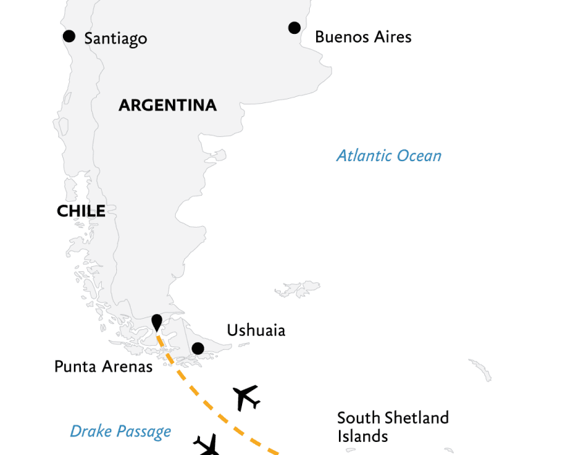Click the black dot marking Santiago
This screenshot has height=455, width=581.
pyautogui.click(x=68, y=36)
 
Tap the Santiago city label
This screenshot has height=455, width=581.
pyautogui.click(x=116, y=38)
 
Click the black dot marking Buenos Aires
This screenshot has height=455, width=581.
pyautogui.click(x=294, y=28)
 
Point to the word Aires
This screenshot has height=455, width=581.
pyautogui.click(x=393, y=37)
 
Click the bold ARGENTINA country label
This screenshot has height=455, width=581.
pyautogui.click(x=167, y=105)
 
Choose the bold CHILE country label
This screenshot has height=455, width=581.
pyautogui.click(x=81, y=211)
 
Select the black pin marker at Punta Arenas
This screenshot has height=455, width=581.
pyautogui.click(x=157, y=322)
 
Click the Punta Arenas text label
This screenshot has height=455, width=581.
pyautogui.click(x=103, y=366)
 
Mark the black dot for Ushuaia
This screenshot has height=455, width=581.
pyautogui.click(x=197, y=349)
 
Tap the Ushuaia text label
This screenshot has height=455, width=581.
pyautogui.click(x=256, y=331)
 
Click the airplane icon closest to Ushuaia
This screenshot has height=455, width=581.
pyautogui.click(x=246, y=397)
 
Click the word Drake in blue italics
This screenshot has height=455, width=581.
pyautogui.click(x=91, y=432)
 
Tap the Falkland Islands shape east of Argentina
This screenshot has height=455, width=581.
pyautogui.click(x=298, y=287)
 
